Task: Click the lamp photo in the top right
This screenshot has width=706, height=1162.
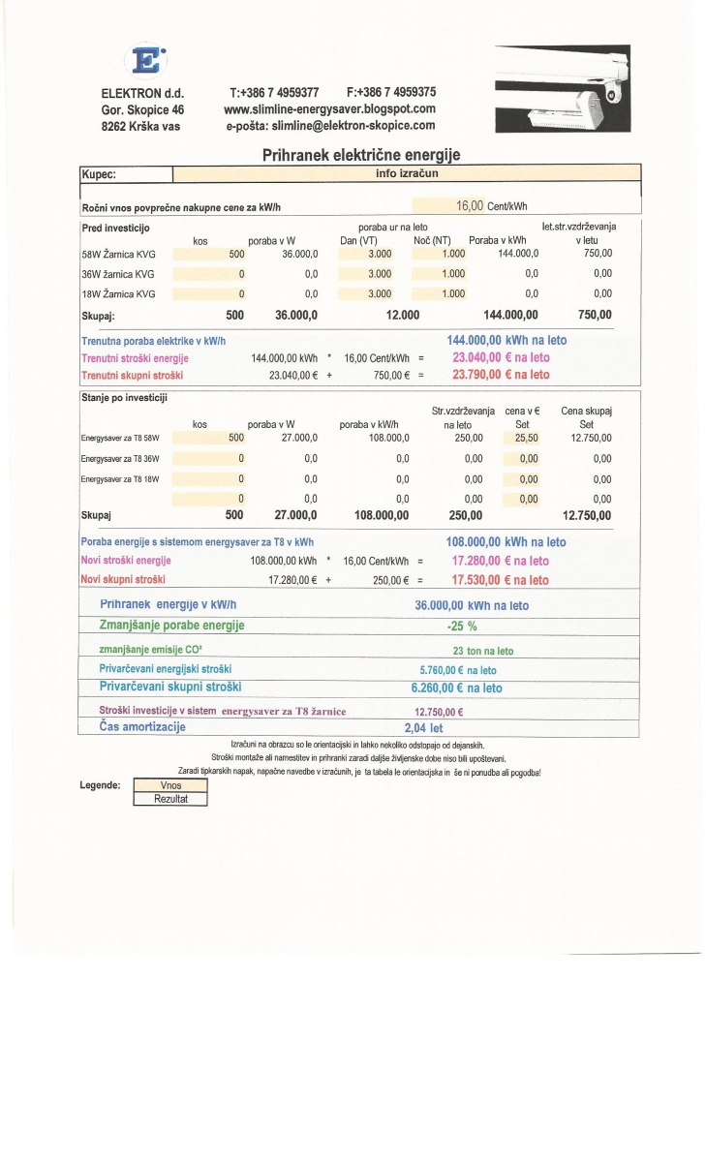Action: (x=562, y=89)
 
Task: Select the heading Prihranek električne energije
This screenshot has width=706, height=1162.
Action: (x=361, y=155)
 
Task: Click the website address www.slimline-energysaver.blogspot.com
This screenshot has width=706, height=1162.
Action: (x=329, y=108)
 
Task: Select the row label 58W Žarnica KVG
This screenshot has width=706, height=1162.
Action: (x=118, y=254)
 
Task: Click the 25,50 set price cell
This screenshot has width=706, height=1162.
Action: (x=528, y=438)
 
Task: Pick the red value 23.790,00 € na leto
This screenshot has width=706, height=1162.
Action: (x=501, y=375)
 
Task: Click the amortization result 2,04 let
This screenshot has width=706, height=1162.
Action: (x=423, y=727)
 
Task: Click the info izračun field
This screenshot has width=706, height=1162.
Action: (x=407, y=174)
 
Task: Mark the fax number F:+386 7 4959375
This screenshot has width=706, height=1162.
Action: (x=390, y=92)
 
